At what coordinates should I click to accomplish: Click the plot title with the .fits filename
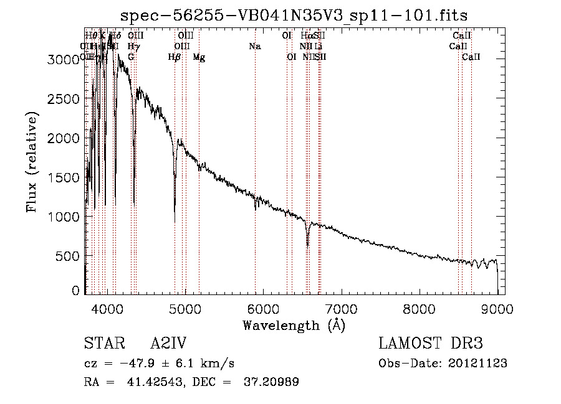tap(294, 15)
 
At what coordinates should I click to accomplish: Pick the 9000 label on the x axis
tap(497, 309)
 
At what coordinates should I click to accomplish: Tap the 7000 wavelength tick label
tap(341, 309)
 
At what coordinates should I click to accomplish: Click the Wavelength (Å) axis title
tap(294, 325)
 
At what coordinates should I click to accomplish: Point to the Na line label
tap(254, 46)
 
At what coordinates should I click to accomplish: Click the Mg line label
tap(199, 57)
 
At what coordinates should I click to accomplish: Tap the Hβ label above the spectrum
tap(175, 57)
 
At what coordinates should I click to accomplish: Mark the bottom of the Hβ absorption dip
tap(175, 221)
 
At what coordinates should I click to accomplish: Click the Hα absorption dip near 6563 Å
tap(307, 245)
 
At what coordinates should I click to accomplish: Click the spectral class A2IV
tap(168, 344)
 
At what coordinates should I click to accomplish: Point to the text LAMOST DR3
tap(431, 344)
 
